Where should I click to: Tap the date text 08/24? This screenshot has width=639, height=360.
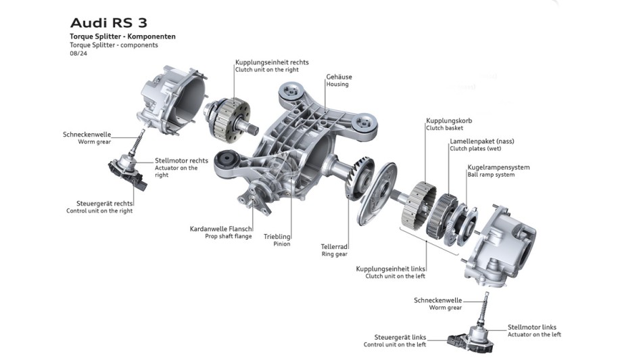click(x=78, y=54)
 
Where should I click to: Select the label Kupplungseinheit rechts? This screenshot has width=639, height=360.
click(x=271, y=62)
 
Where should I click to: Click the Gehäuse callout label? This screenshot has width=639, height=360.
click(x=339, y=77)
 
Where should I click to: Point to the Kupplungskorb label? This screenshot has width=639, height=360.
click(x=449, y=121)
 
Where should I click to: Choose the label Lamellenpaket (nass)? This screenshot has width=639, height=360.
click(x=481, y=141)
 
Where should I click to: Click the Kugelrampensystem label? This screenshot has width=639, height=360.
click(x=498, y=167)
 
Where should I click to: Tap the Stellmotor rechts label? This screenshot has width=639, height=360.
click(x=181, y=160)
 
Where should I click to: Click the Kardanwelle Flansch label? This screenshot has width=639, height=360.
click(x=220, y=229)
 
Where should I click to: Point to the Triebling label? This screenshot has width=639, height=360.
click(x=277, y=236)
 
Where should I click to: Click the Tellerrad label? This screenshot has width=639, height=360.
click(x=335, y=247)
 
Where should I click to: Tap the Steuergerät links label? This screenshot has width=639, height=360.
click(x=400, y=337)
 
